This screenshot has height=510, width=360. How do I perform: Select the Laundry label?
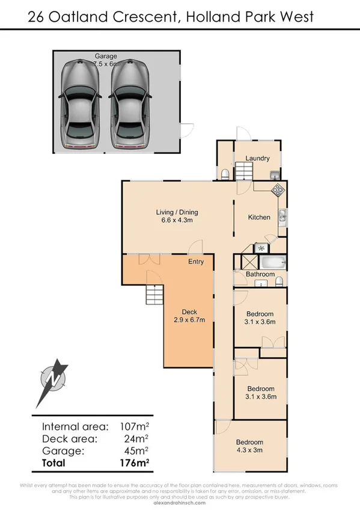257,159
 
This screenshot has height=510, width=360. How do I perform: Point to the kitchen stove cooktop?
278,191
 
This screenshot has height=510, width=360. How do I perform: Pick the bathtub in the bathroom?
272,262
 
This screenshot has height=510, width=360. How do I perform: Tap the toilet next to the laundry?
224,174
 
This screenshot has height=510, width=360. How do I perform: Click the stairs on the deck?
154,295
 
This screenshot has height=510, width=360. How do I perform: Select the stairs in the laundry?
245,173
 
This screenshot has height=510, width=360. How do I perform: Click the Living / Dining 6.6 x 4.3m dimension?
177,220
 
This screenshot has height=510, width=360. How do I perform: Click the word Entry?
196,262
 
